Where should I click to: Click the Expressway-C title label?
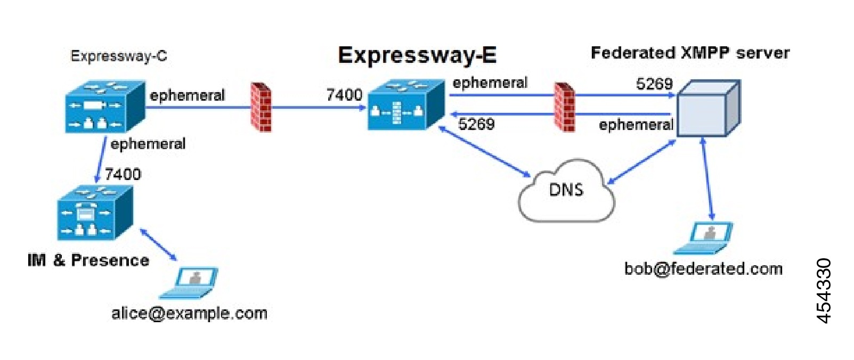pos(118,56)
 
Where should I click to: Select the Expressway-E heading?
pos(417,55)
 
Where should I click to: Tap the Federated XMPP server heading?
pos(689,53)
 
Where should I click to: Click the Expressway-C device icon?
pos(105,107)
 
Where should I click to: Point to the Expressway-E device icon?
pos(406,105)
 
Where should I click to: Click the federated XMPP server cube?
pos(707,109)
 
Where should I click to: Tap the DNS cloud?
pos(566,192)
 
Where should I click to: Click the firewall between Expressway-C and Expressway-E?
pos(261,107)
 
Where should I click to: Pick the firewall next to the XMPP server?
pos(564,107)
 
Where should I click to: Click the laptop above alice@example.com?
pos(190,283)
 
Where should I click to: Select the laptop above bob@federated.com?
pos(704,239)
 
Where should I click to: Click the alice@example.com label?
pos(189,313)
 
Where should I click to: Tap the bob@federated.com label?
pos(703,268)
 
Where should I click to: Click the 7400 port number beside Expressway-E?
pos(344,95)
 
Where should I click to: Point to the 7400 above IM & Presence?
pos(123,174)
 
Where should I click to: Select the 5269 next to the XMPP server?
pos(654,84)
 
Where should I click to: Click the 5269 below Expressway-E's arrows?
pos(476,124)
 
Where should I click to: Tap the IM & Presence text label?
pos(88,260)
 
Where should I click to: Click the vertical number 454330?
pos(824,291)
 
